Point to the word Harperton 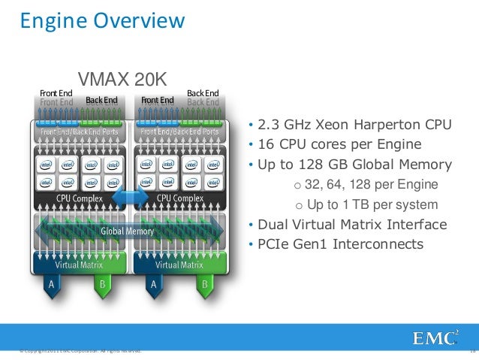pos(385,124)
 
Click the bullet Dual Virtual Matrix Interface pos(352,225)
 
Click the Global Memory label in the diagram pos(127,231)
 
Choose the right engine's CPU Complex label pos(179,198)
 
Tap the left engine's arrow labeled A pos(51,286)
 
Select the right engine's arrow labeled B pos(203,286)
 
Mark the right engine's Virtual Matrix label pos(178,265)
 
